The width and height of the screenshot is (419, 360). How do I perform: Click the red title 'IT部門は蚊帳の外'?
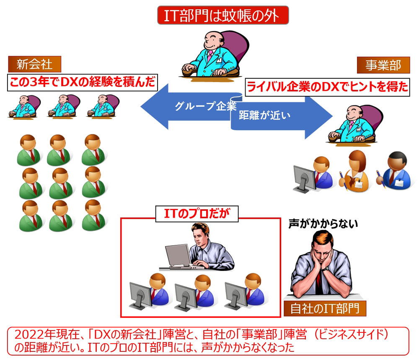(223, 16)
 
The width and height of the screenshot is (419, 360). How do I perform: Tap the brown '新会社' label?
(34, 64)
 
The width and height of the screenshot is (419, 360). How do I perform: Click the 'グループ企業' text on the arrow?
(205, 105)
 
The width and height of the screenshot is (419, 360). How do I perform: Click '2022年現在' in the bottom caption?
(40, 334)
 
